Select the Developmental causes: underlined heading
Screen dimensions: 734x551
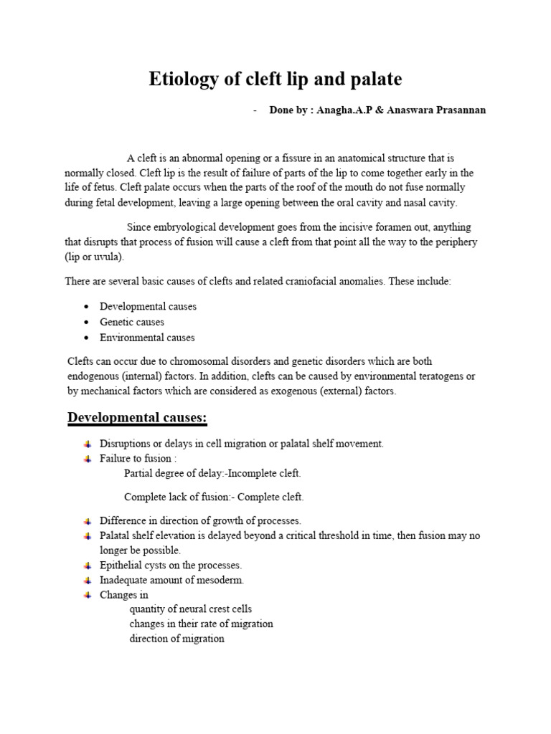pyautogui.click(x=138, y=417)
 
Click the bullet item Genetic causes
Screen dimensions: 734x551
pyautogui.click(x=132, y=322)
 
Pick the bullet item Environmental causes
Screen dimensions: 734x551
pyautogui.click(x=147, y=338)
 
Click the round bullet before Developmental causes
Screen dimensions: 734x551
pyautogui.click(x=86, y=307)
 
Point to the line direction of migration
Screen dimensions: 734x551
pyautogui.click(x=176, y=639)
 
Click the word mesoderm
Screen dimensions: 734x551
pyautogui.click(x=223, y=580)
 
